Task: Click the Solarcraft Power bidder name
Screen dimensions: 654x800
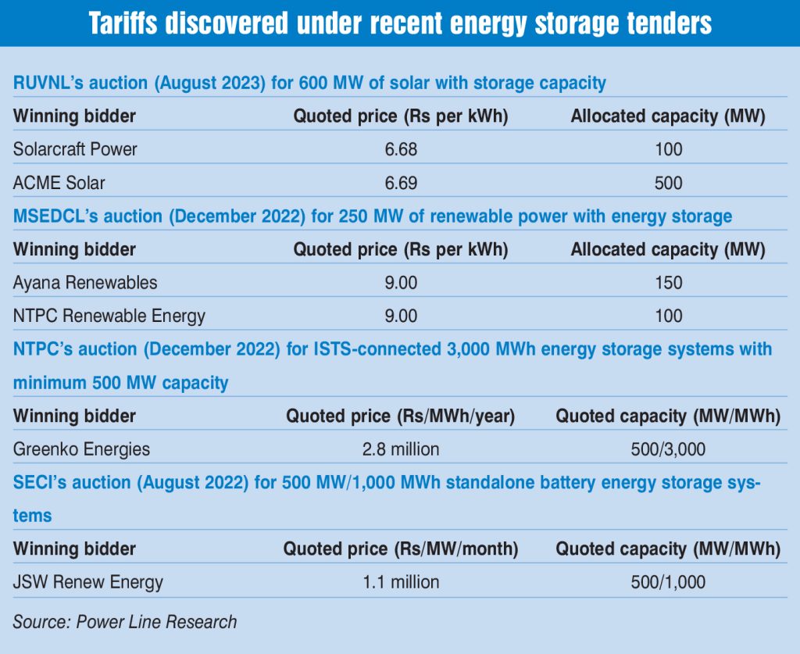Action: coord(75,149)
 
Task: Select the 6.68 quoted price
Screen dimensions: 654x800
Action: coord(401,149)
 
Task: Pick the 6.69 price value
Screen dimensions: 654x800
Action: coord(401,183)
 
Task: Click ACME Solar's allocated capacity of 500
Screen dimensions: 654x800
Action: coord(669,183)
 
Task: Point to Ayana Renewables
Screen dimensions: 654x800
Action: coord(85,283)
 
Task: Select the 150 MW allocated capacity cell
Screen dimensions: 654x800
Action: coord(669,283)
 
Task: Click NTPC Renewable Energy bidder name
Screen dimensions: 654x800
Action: coord(109,316)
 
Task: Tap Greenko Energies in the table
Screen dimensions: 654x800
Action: coord(81,449)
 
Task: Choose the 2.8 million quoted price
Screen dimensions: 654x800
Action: coord(401,449)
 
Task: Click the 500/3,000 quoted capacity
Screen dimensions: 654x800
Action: coord(669,449)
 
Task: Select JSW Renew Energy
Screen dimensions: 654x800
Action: coord(88,582)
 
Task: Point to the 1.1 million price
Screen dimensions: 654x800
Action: coord(401,582)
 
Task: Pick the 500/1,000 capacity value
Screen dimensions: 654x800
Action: coord(669,582)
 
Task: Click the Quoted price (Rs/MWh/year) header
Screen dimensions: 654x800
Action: coord(401,416)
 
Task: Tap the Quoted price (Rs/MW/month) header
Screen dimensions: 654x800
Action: coord(401,549)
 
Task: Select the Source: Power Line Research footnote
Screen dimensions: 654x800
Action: coord(124,622)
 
